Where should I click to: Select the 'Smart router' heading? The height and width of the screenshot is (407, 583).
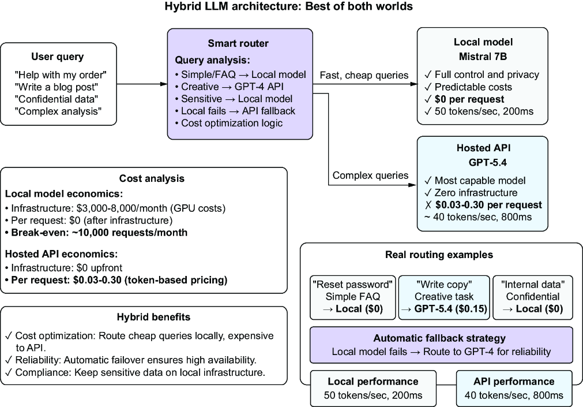(x=238, y=43)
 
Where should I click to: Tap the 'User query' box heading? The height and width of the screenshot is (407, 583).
(x=58, y=57)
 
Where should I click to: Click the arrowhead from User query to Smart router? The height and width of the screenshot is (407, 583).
(x=164, y=84)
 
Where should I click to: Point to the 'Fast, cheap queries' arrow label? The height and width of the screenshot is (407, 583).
(x=364, y=75)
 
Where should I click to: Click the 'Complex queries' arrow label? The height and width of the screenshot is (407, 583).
(x=370, y=176)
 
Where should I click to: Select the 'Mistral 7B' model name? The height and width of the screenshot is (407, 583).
(x=483, y=57)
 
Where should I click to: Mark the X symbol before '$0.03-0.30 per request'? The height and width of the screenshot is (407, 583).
(x=428, y=205)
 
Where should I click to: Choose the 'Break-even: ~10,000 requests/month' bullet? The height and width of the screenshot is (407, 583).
(x=96, y=233)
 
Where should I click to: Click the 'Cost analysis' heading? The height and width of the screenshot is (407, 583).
(x=152, y=178)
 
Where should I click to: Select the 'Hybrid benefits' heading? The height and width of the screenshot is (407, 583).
(x=153, y=317)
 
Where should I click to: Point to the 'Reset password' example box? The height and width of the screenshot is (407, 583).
(x=353, y=297)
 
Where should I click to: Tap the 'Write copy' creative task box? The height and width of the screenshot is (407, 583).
(x=445, y=297)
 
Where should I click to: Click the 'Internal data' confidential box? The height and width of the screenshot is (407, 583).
(x=533, y=297)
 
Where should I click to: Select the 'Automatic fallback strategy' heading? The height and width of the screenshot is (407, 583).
(x=439, y=338)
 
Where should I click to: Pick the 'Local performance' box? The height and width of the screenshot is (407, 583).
(x=373, y=389)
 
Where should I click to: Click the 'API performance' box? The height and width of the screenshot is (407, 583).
(x=514, y=389)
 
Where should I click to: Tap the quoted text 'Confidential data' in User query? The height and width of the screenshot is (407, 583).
(x=57, y=99)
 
